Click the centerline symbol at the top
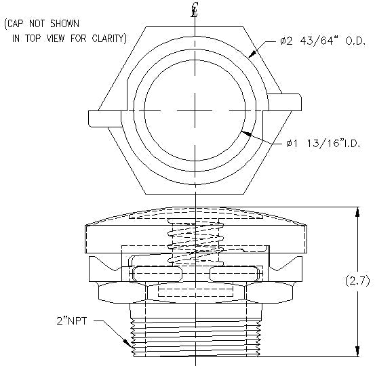tap(195, 10)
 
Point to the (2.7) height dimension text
tap(357, 280)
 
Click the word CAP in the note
tap(20, 24)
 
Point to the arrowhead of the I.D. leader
tap(245, 136)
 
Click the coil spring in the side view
tap(195, 242)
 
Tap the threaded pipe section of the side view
tap(195, 332)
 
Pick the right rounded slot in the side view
tap(235, 272)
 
